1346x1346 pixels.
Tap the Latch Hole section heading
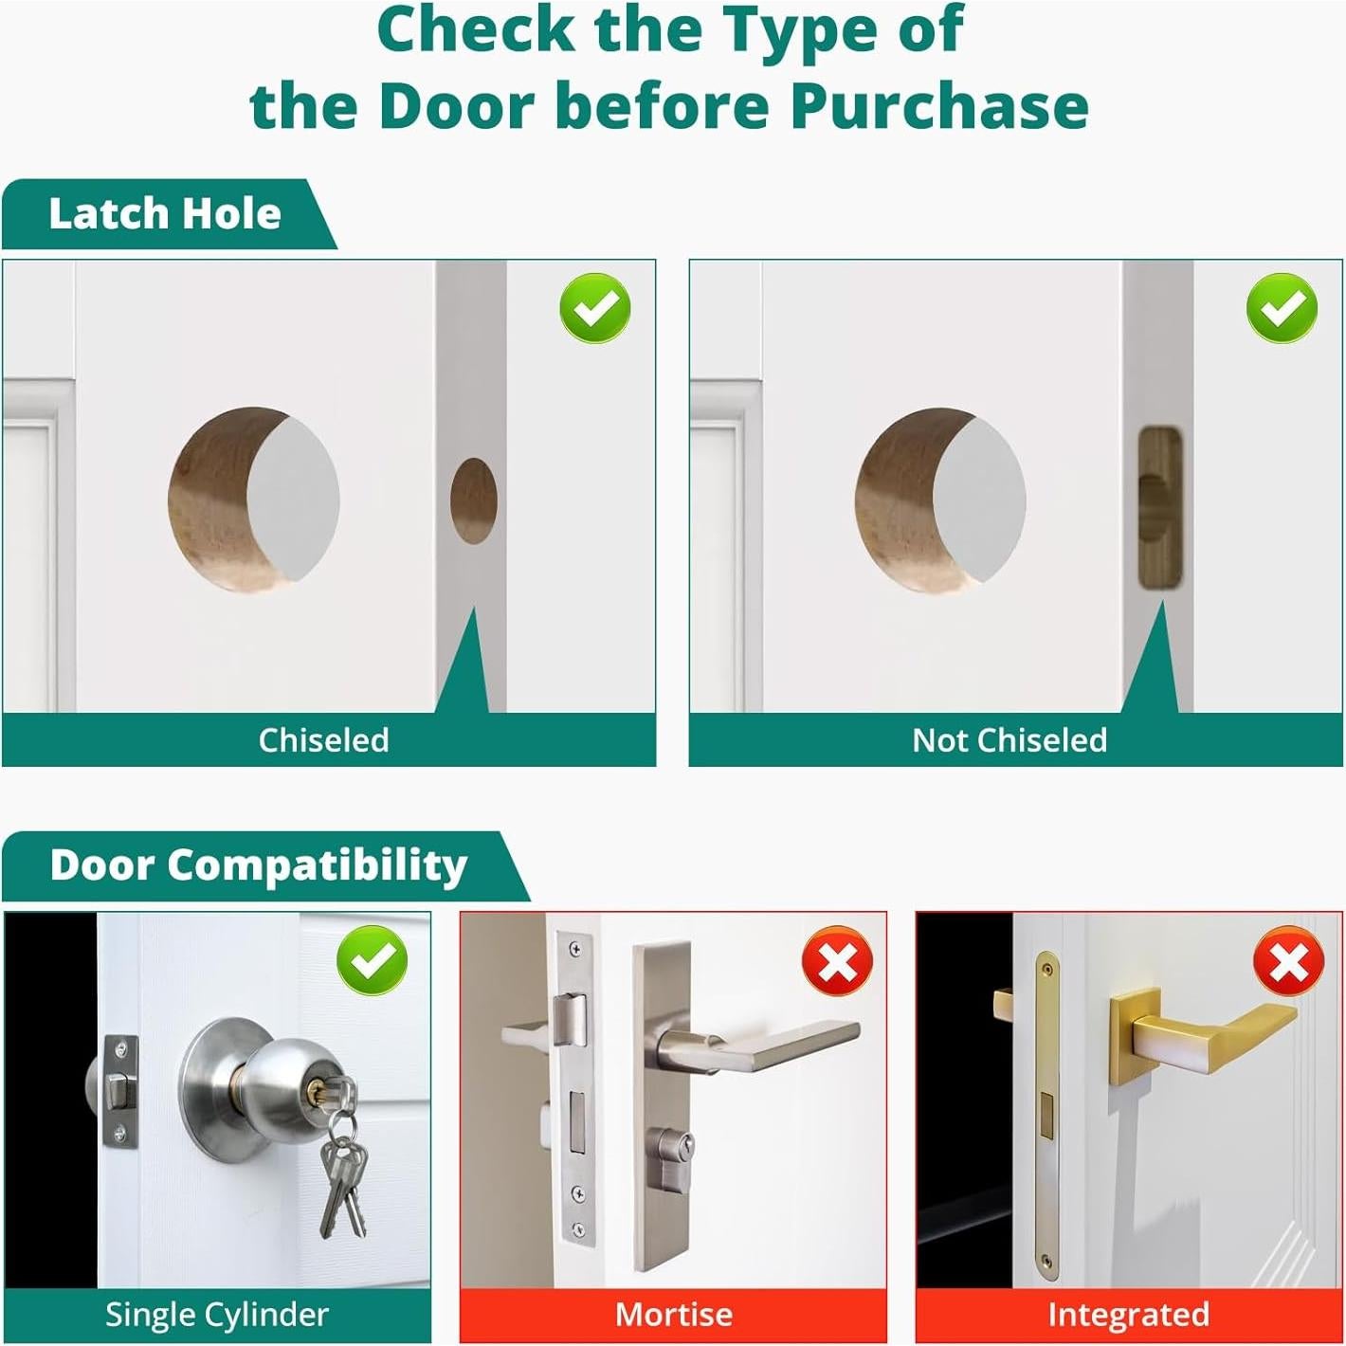click(x=165, y=213)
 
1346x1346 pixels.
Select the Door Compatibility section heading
click(x=259, y=866)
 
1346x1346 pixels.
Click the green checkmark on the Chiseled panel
click(x=595, y=307)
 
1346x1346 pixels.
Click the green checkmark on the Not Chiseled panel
click(x=1282, y=307)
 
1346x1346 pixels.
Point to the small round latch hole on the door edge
click(x=474, y=500)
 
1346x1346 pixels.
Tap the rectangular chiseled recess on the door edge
click(x=1160, y=508)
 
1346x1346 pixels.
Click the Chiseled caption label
click(x=323, y=740)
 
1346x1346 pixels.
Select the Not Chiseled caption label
click(x=1009, y=740)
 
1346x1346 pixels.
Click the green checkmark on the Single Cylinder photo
click(x=373, y=959)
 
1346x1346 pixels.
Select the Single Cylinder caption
click(x=216, y=1315)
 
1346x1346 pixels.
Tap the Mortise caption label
click(x=673, y=1315)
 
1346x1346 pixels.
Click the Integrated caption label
click(x=1128, y=1315)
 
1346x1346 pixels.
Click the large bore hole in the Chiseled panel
click(x=253, y=500)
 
